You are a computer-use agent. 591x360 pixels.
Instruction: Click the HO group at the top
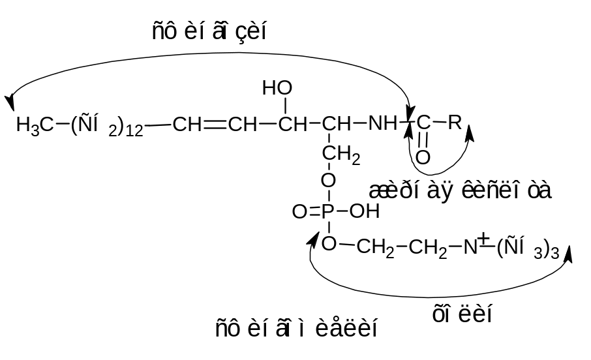point(277,87)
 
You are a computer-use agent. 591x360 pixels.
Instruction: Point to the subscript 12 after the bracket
point(134,130)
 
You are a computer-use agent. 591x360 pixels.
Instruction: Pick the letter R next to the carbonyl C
point(455,121)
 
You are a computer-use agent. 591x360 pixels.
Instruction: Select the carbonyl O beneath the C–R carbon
point(423,157)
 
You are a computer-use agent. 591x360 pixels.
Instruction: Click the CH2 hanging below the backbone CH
point(341,155)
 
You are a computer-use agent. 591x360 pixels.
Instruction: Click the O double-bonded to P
point(299,211)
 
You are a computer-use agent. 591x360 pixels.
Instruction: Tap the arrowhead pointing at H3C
point(10,103)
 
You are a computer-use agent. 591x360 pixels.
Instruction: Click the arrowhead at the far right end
point(568,254)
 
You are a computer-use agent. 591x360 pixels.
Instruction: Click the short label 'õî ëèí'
point(462,314)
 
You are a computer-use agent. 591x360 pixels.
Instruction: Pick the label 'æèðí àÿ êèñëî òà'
point(460,190)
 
